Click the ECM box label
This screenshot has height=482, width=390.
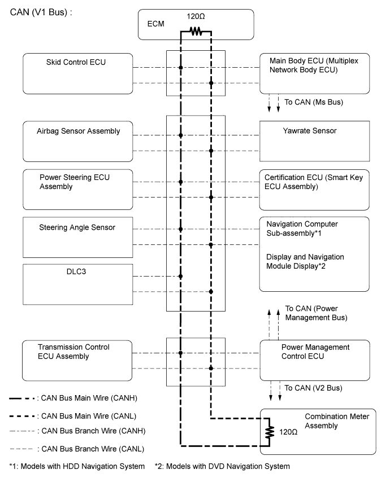click(x=156, y=24)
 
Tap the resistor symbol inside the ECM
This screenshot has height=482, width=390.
click(x=196, y=31)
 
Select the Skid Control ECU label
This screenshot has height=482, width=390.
click(x=76, y=62)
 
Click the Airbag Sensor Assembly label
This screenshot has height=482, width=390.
click(x=78, y=131)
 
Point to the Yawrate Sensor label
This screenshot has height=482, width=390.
click(x=310, y=130)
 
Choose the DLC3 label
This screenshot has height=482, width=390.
click(x=76, y=271)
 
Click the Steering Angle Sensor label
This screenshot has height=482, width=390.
click(x=77, y=227)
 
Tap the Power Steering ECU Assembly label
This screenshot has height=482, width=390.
click(x=75, y=182)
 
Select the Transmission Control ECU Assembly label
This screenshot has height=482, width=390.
click(x=73, y=352)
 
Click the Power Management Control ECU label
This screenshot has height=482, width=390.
click(x=315, y=352)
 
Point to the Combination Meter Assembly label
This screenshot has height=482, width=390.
click(x=337, y=421)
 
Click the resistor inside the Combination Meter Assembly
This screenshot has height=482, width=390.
click(x=270, y=432)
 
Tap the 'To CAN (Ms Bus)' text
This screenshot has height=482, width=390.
click(x=314, y=102)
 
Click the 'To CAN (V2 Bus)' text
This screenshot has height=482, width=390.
click(x=313, y=388)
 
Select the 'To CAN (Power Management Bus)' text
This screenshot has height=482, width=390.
click(x=316, y=313)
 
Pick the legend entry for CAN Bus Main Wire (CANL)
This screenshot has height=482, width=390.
click(x=73, y=416)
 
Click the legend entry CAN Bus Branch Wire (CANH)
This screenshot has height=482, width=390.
click(x=77, y=431)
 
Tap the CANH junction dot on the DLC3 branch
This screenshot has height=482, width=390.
click(x=181, y=277)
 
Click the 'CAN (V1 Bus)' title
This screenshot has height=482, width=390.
click(x=41, y=12)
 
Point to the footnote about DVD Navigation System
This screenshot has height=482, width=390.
click(x=222, y=466)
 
